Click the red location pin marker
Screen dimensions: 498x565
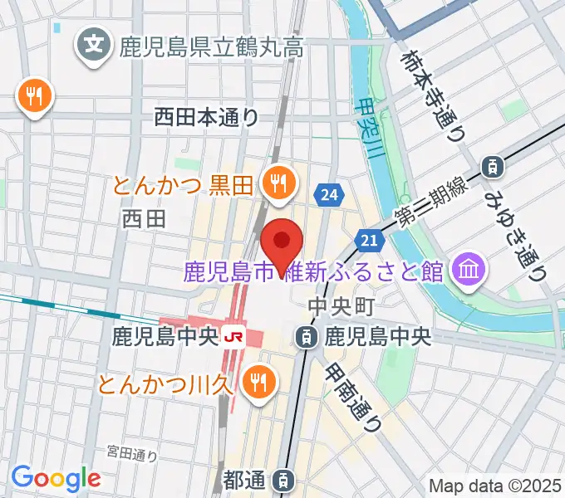pos(282,242)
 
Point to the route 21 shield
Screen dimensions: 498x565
pos(371,240)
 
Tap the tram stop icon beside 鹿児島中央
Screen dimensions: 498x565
pos(307,337)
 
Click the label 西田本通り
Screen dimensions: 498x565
pos(207,118)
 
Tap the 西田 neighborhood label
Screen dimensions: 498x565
pos(144,219)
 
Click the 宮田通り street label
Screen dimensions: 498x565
pos(132,453)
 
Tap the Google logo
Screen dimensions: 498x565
pos(56,478)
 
